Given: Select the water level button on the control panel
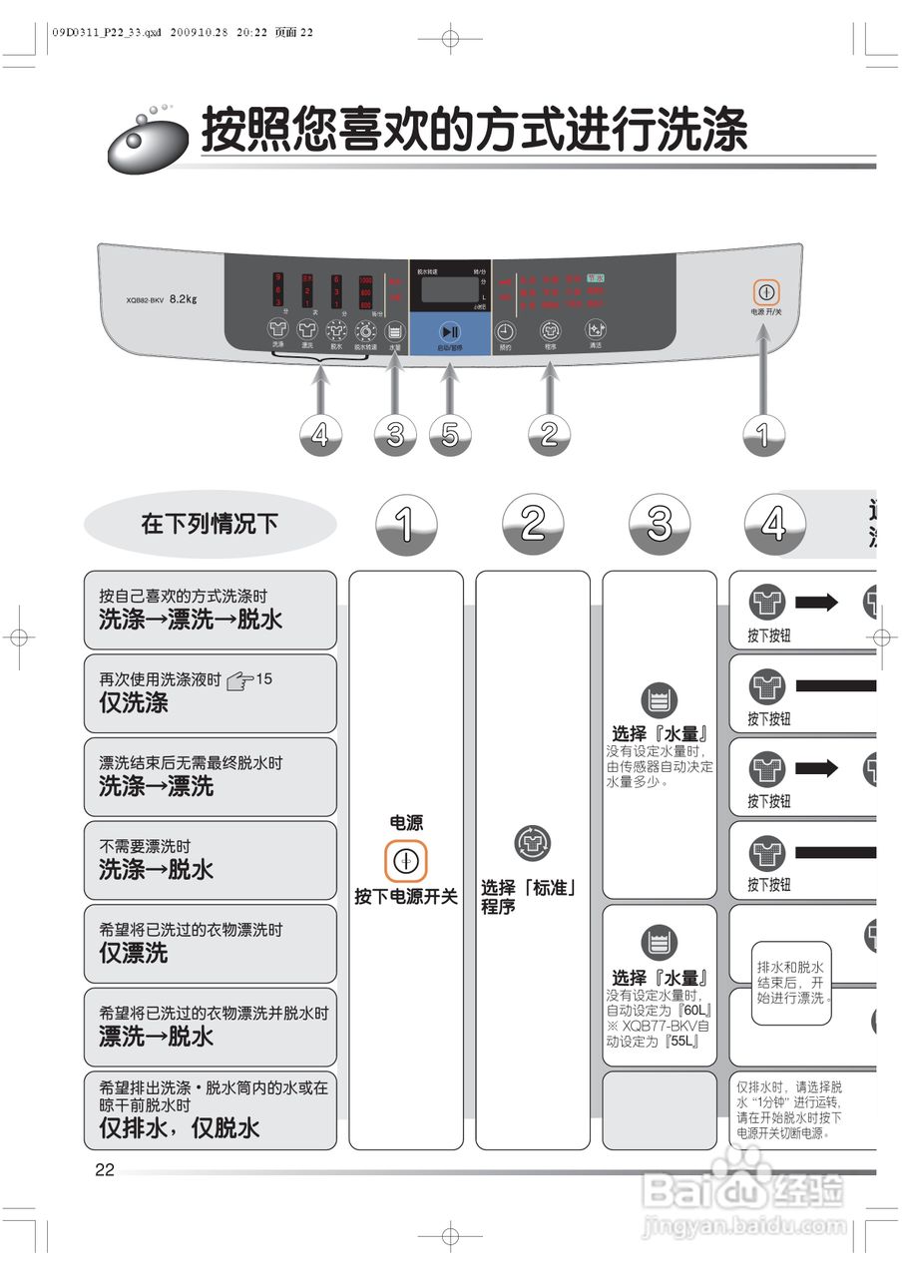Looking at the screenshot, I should click(x=395, y=331).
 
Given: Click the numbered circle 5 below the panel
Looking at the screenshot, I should click(x=450, y=434).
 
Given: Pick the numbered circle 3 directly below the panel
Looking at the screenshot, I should click(x=395, y=434).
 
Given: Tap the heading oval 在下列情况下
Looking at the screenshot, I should click(x=210, y=524).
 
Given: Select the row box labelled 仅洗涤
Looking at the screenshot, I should click(x=210, y=693).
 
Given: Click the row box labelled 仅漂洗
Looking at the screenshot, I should click(x=210, y=944).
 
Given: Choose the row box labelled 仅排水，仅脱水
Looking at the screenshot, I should click(x=210, y=1109).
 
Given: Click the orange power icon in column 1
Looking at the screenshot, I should click(x=405, y=860).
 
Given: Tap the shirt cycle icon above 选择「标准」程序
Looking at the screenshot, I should click(x=532, y=844).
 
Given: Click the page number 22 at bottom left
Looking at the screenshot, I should click(x=105, y=1170).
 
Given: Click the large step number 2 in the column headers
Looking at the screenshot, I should click(x=533, y=524).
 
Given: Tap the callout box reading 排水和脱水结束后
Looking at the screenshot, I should click(x=791, y=983).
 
